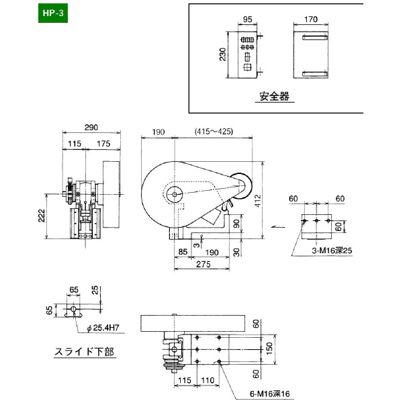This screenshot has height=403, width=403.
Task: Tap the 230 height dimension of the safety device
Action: pyautogui.click(x=222, y=54)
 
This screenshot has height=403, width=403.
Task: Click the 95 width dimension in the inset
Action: pyautogui.click(x=247, y=20)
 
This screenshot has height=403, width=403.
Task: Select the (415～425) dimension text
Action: pyautogui.click(x=213, y=131)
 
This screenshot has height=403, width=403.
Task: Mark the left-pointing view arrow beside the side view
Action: pyautogui.click(x=276, y=228)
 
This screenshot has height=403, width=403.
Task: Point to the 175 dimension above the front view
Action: pyautogui.click(x=103, y=144)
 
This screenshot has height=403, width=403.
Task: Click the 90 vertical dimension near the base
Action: pyautogui.click(x=236, y=224)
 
